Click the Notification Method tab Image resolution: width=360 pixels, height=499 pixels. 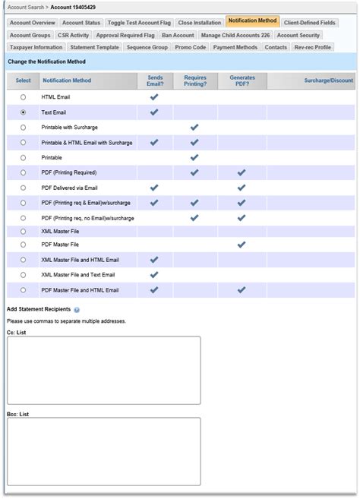[253, 22]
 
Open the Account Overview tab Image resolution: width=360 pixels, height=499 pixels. [32, 23]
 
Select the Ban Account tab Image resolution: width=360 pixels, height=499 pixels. [178, 35]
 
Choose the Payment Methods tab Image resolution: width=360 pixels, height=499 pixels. [235, 47]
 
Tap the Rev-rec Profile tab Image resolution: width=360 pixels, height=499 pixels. [312, 47]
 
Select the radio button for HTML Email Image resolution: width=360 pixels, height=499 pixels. [23, 97]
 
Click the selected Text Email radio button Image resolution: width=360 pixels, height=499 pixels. [23, 112]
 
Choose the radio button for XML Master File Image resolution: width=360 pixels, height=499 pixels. [23, 230]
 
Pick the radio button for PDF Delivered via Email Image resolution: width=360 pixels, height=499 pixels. [23, 187]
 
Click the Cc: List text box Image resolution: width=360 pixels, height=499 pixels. [103, 371]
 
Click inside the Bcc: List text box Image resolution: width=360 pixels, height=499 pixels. [103, 451]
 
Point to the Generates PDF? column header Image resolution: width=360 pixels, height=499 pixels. [242, 81]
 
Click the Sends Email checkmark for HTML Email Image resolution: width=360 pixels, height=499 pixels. [154, 97]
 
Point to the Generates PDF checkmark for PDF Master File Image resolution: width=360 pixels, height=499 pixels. [242, 245]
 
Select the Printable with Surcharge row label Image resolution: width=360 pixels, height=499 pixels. [69, 127]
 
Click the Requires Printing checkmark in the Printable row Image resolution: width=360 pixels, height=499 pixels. [194, 157]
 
